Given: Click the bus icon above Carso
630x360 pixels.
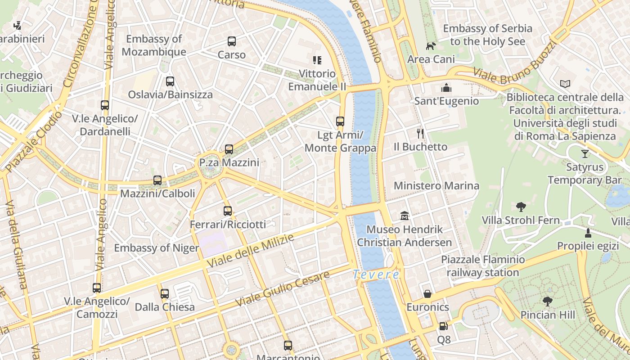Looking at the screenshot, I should coord(232,41).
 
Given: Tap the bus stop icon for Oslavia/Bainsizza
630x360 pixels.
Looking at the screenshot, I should coord(170,81).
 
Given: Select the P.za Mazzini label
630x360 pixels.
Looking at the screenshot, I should coord(229,162).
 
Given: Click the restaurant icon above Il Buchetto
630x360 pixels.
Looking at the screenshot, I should coord(420,133).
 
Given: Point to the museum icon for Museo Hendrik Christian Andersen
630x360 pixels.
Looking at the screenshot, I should coord(405,216).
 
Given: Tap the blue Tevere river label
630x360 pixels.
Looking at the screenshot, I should coord(376,274).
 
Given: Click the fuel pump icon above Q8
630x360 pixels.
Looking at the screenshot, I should coord(443,326).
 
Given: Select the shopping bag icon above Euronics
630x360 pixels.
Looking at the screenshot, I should coord(427,294).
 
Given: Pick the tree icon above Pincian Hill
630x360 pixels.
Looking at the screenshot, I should coord(547,301).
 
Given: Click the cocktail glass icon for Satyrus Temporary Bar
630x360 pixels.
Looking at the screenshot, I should coord(585,154).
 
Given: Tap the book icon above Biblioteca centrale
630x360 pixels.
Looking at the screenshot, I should coord(565,84).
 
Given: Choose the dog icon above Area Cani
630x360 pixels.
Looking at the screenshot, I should coord(431,46).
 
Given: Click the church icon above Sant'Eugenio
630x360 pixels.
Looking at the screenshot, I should coord(446,87).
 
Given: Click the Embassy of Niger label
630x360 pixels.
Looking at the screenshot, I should coord(156,248).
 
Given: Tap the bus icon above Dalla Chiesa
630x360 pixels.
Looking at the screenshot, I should coord(165,294).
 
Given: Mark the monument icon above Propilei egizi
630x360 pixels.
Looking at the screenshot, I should coord(588,233).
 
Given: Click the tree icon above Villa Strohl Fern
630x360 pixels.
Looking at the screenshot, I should coord(521,207).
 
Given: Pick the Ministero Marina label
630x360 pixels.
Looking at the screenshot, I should coord(436,186).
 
